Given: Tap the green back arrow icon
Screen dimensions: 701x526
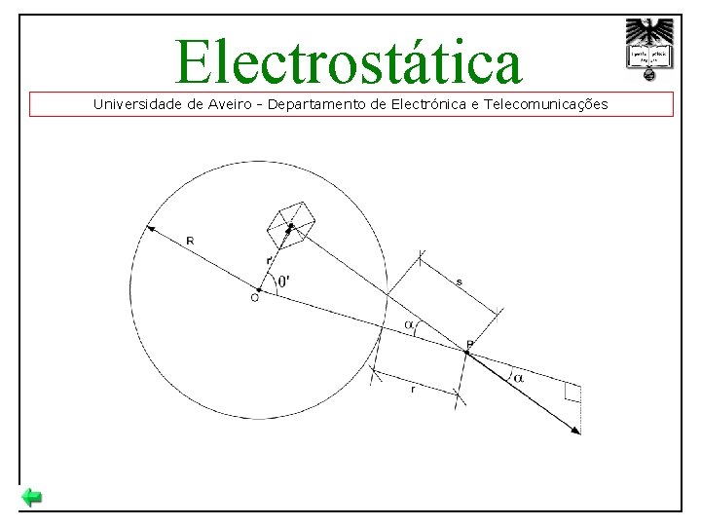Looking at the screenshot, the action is tap(32, 499).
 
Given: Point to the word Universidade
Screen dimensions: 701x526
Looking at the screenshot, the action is tap(137, 103).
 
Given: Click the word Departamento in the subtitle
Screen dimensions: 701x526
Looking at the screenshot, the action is tap(322, 103).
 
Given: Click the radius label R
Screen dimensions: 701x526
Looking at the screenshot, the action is tap(189, 242).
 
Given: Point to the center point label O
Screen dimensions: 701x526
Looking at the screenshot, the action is tap(254, 298).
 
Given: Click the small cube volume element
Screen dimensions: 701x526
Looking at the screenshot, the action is tap(291, 223).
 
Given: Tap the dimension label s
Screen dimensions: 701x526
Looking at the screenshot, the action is tap(459, 282).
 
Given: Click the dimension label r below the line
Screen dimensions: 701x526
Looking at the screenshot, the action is tap(413, 389).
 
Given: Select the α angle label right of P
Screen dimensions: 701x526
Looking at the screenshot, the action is tap(518, 377).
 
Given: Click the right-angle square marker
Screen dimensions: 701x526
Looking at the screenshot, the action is tap(572, 393).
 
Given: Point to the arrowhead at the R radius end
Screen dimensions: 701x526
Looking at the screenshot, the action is tap(150, 229).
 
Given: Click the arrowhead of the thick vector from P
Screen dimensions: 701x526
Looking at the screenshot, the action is tap(576, 430).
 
